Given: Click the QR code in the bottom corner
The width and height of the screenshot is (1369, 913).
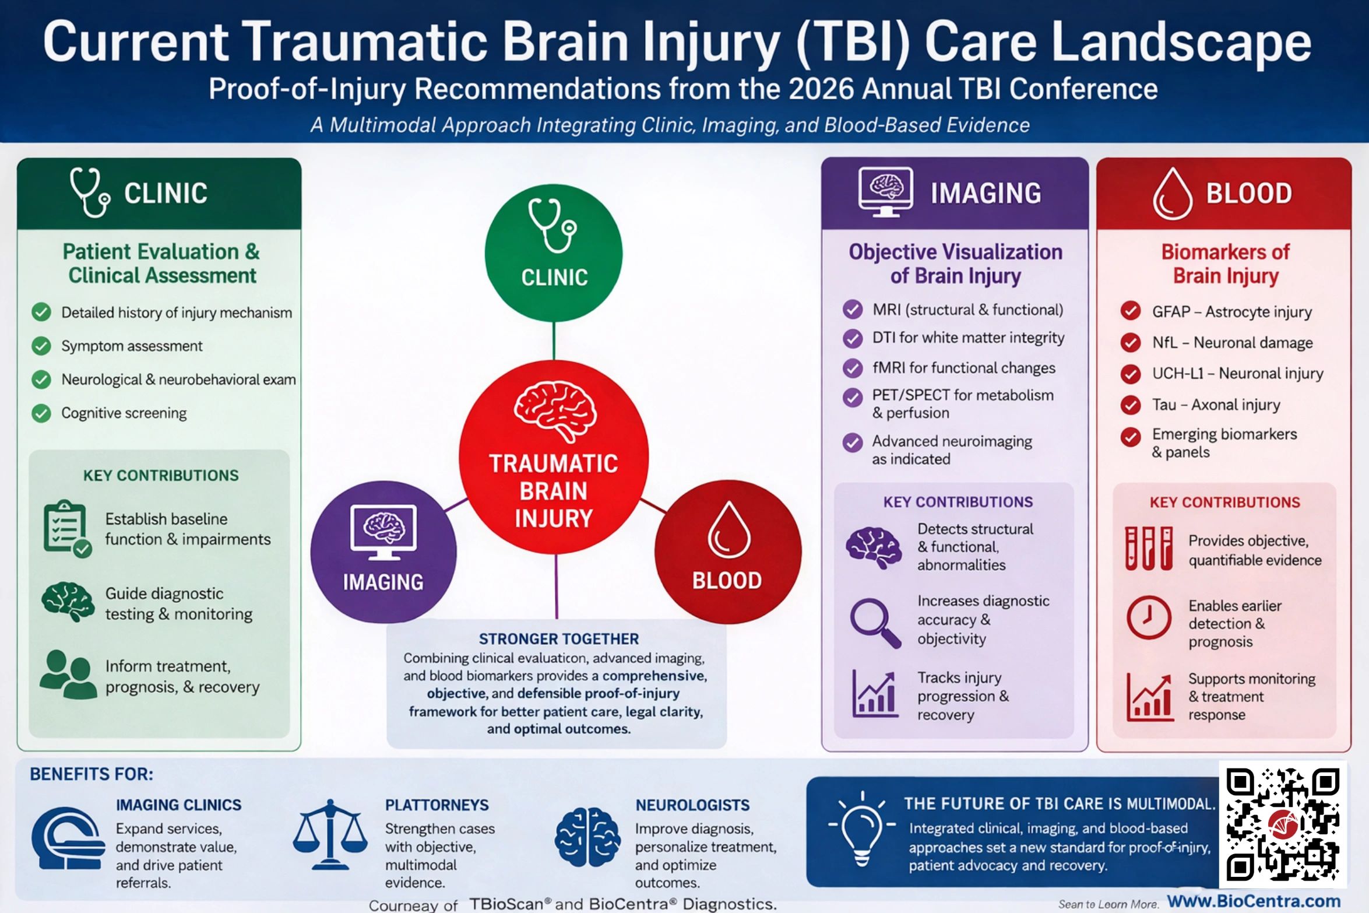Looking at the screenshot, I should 1282,824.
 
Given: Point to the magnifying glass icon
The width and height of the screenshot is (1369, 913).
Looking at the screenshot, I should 874,622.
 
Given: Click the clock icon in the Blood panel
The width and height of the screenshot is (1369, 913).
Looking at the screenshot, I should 1148,617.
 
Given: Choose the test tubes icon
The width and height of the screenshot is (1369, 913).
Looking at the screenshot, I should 1148,547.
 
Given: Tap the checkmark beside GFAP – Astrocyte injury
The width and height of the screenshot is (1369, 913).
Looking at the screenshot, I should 1131,311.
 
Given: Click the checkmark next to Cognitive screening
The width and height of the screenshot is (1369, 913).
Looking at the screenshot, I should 41,413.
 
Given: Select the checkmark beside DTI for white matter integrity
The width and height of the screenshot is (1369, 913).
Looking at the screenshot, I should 853,338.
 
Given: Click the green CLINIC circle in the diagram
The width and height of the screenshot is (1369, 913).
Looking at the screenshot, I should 553,253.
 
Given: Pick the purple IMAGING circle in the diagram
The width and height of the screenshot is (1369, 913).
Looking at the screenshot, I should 383,552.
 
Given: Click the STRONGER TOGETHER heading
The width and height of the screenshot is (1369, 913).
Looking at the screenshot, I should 558,639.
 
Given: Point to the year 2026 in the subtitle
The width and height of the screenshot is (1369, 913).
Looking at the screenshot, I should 821,89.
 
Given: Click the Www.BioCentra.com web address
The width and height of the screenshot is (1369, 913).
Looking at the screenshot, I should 1254,901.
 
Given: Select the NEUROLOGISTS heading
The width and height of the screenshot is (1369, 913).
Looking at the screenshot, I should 692,805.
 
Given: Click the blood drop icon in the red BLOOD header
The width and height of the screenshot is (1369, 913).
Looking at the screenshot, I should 1172,194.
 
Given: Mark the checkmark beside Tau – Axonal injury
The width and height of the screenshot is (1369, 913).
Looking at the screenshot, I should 1131,405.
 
